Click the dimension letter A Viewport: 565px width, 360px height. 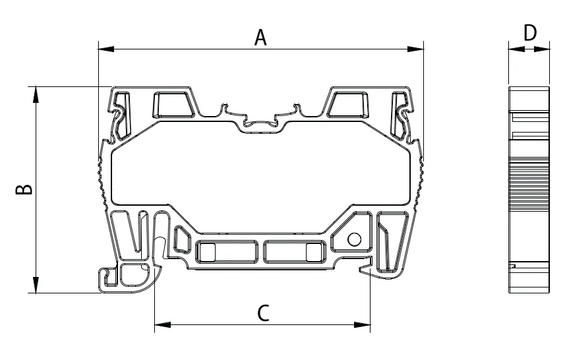(x=260, y=38)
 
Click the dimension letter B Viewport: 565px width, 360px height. (x=24, y=189)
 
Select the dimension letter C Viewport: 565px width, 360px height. (x=264, y=313)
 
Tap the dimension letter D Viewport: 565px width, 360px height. (x=529, y=33)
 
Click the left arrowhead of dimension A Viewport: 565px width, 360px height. (x=106, y=49)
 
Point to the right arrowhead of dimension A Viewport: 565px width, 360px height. (x=415, y=49)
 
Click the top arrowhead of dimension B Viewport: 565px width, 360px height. (x=36, y=95)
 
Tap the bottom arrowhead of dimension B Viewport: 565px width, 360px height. (x=36, y=285)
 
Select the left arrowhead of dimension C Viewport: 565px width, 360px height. (x=162, y=325)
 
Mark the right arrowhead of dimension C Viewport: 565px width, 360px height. (x=362, y=325)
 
